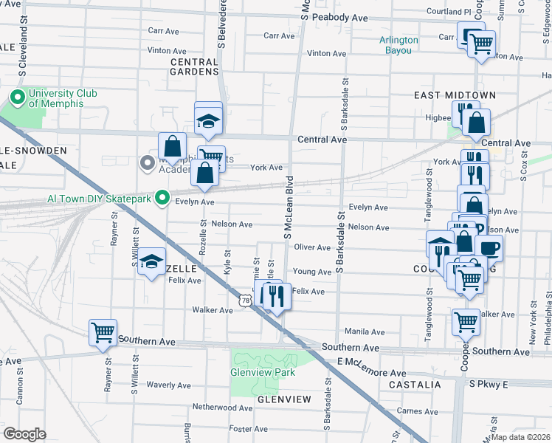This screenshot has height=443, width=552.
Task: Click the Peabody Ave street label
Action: (x=339, y=16)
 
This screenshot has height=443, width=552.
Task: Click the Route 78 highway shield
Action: (x=246, y=300)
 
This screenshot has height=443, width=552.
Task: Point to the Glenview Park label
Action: (x=263, y=372)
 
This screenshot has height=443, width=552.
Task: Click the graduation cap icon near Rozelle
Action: (x=151, y=262)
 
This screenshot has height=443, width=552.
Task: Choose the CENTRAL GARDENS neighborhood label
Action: (x=194, y=67)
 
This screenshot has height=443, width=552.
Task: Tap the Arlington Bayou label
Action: (x=399, y=45)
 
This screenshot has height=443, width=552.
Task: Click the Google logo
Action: (x=25, y=433)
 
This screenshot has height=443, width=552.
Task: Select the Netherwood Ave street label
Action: (x=222, y=407)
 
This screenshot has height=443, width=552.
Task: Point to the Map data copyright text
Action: (x=520, y=437)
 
